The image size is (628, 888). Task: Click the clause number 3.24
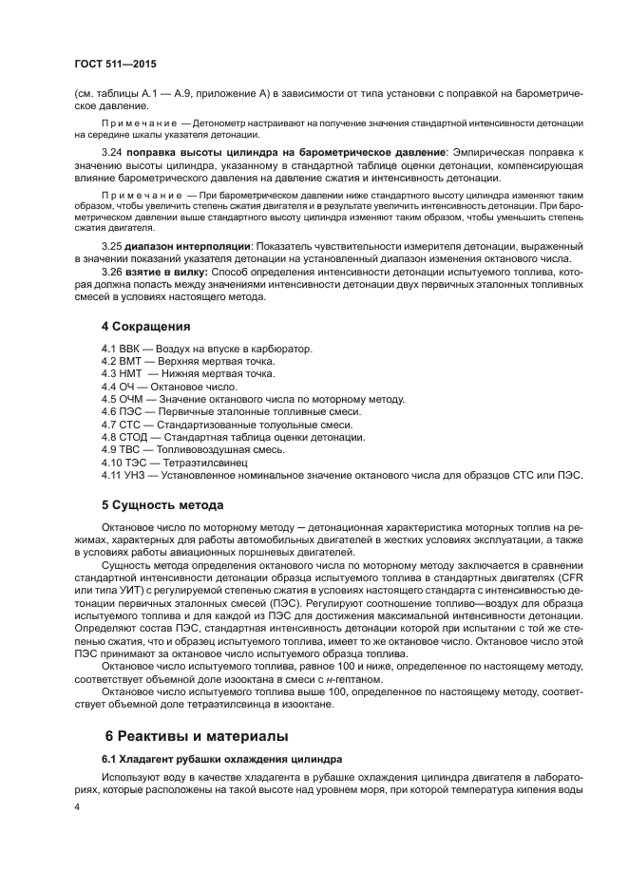(x=112, y=152)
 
